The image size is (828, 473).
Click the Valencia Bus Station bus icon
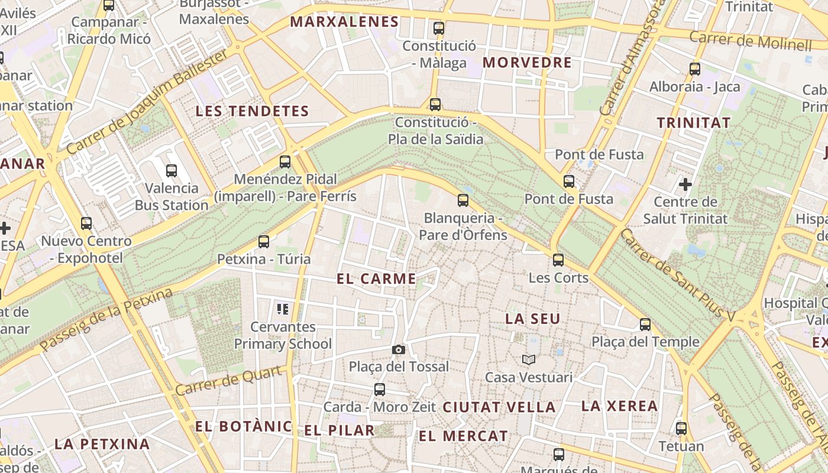(x=172, y=171)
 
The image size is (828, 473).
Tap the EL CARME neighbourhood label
(x=376, y=279)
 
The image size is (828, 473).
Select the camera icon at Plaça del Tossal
(x=399, y=349)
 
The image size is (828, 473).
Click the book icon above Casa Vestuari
(x=528, y=359)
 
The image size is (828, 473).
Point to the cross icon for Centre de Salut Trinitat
(x=685, y=184)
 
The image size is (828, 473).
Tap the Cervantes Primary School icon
(x=283, y=309)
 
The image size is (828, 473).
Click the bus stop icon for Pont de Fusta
(x=569, y=182)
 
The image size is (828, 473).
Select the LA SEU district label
(x=532, y=319)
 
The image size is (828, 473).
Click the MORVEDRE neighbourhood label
(x=527, y=63)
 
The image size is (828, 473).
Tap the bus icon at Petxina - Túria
(x=264, y=241)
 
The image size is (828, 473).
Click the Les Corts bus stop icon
(x=558, y=260)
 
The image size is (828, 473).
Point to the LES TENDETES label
(x=252, y=111)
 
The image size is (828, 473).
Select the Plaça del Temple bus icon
(x=645, y=325)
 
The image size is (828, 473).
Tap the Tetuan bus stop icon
(x=681, y=429)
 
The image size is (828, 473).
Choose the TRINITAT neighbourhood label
(x=694, y=123)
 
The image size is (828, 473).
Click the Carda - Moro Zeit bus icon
(x=380, y=390)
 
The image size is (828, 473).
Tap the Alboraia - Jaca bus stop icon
(x=695, y=69)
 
